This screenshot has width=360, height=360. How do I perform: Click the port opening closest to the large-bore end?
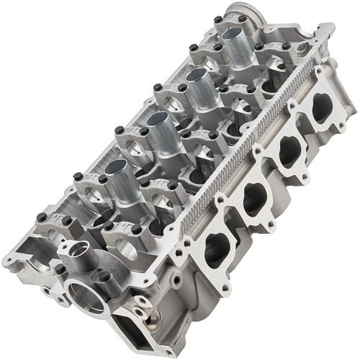pyautogui.click(x=217, y=248)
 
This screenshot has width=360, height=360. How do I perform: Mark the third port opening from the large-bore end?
pyautogui.click(x=289, y=152)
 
